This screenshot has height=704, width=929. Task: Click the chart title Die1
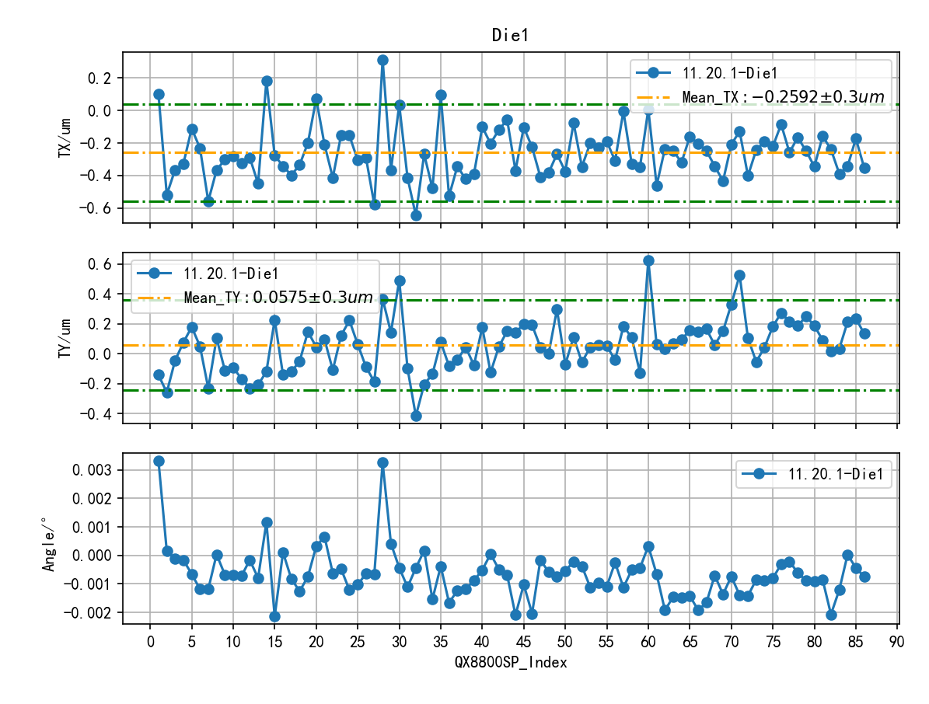point(511,35)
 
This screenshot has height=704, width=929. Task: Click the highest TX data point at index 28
point(382,60)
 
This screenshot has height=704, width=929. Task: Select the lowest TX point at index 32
point(416,215)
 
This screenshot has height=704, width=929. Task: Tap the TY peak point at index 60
point(648,260)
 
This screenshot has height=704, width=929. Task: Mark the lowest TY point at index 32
point(416,416)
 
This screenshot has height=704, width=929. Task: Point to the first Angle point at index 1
point(159,461)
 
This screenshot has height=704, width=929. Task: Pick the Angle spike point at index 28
point(382,462)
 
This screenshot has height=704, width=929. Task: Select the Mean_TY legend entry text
point(278,298)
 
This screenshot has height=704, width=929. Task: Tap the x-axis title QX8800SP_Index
point(511,663)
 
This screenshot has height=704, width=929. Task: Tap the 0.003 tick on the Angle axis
point(96,470)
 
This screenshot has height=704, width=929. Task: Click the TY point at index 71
point(739,275)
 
